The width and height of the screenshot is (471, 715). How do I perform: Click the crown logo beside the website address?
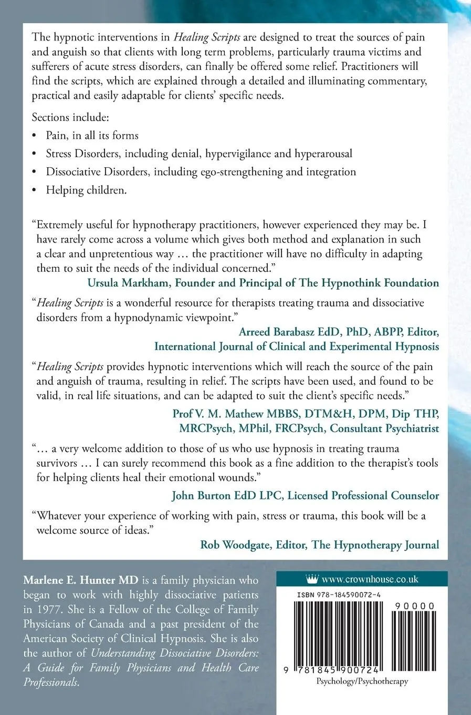[x=312, y=579]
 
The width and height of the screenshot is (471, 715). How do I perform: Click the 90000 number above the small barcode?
[x=413, y=606]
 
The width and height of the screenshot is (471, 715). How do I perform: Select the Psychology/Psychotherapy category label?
[x=362, y=681]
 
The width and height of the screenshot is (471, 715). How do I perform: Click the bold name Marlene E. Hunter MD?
[x=80, y=580]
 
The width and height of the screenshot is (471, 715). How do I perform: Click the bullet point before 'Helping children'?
[x=35, y=191]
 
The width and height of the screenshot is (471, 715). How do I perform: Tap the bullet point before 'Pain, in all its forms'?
[x=35, y=136]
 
